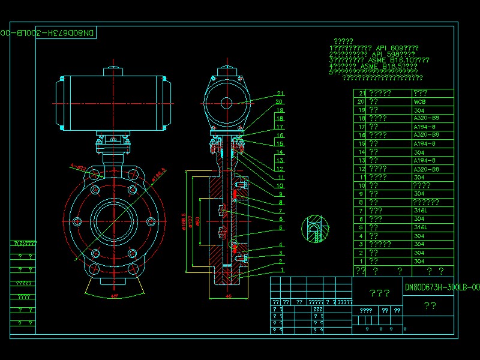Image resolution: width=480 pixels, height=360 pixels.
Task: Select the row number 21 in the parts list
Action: coord(361,93)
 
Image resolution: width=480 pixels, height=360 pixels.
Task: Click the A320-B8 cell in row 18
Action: coord(426,118)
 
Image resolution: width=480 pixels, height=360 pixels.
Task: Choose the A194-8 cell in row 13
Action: coord(425,160)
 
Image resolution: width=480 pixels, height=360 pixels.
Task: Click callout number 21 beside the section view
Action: coord(279,93)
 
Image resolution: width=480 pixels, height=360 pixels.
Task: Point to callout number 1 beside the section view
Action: coord(280,270)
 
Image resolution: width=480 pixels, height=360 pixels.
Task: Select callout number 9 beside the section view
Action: coord(280,194)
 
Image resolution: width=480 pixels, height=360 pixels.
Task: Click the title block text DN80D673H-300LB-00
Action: coord(442,287)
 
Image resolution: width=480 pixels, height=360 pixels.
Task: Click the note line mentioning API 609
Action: coord(374,47)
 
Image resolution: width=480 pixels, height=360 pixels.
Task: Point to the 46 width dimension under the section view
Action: coord(228,296)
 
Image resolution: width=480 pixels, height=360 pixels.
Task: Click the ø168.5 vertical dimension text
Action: coord(182,220)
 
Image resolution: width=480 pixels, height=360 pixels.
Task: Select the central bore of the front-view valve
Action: coord(113,220)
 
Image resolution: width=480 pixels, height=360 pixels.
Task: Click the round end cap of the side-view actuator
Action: coord(227,103)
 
